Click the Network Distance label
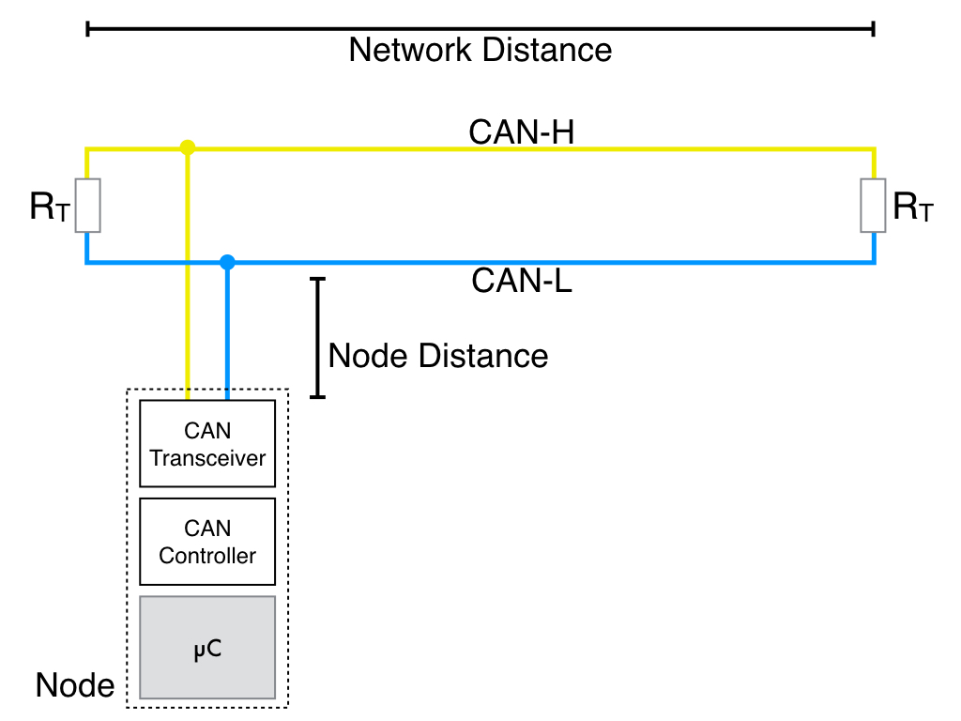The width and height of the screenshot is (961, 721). point(480,50)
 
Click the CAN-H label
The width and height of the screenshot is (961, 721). point(521,132)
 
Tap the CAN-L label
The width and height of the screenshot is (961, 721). point(521,281)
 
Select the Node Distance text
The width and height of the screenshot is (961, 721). point(438,356)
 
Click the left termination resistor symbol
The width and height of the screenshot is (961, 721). point(87,206)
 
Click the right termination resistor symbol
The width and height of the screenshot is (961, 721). point(873,206)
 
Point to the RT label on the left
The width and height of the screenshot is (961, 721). point(49,207)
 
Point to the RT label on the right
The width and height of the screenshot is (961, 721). point(912,207)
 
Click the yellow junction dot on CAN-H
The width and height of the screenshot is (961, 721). point(188,147)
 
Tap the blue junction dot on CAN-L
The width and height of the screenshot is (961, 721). point(226,262)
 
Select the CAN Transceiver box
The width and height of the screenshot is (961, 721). point(207,443)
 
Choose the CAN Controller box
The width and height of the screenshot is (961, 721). point(207,542)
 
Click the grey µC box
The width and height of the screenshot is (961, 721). point(207,648)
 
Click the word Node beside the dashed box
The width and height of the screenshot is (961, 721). point(75,685)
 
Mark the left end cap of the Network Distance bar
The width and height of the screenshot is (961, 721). point(87,29)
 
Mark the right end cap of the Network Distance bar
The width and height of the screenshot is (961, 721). point(874,29)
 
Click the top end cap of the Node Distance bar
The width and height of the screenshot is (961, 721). point(317,279)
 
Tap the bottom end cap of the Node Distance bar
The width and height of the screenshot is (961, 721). point(317,397)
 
